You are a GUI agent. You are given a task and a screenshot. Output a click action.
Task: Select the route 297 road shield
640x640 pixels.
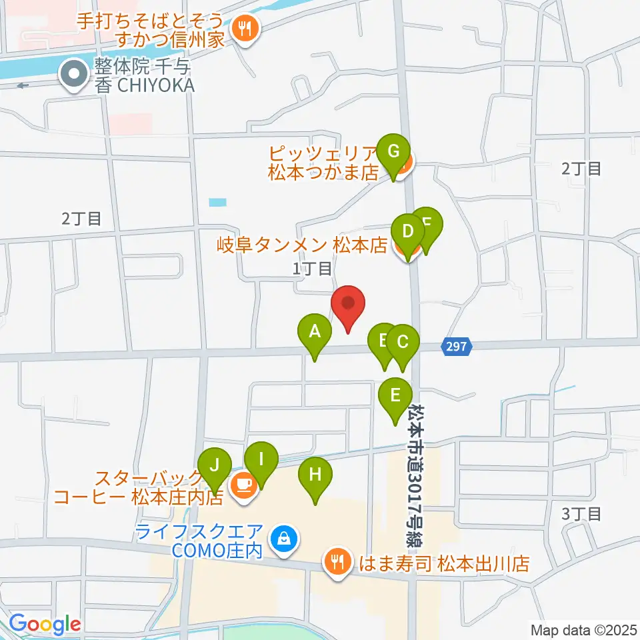[457, 346]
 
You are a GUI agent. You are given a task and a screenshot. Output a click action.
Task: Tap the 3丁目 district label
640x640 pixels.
[581, 514]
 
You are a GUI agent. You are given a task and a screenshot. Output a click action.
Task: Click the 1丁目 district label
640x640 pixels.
[312, 269]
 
